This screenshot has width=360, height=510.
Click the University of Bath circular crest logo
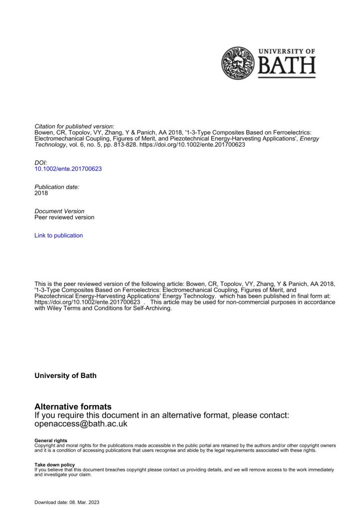click(x=240, y=63)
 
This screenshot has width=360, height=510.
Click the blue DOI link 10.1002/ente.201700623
click(x=68, y=169)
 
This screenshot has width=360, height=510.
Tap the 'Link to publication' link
click(x=59, y=236)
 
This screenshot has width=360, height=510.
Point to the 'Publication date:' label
click(x=57, y=187)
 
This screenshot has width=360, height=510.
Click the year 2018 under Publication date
click(x=41, y=193)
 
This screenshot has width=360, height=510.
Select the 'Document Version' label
click(x=59, y=211)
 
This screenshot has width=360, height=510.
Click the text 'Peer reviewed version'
click(x=64, y=217)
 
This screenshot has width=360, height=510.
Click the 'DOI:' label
click(x=41, y=163)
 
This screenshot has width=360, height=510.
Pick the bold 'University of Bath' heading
click(x=65, y=376)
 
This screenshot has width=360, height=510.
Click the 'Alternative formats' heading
click(x=73, y=406)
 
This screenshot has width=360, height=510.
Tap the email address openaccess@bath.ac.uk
click(x=81, y=424)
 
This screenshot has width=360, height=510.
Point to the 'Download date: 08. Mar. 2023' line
click(x=67, y=502)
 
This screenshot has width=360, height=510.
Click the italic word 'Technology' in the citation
click(x=49, y=144)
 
